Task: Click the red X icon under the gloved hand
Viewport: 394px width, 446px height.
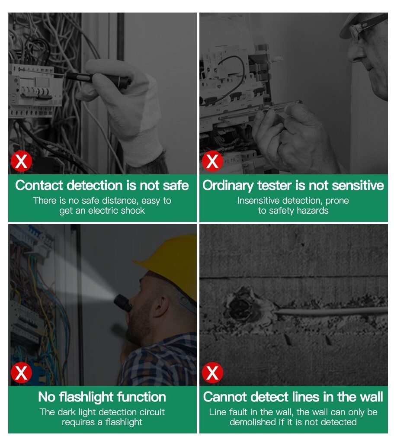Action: click(x=21, y=161)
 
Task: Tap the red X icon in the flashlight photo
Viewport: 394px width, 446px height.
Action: click(x=21, y=372)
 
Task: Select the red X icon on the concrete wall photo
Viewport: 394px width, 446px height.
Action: click(x=212, y=372)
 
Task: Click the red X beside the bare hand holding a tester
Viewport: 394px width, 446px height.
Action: click(x=212, y=161)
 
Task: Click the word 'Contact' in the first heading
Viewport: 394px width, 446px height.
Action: click(x=39, y=185)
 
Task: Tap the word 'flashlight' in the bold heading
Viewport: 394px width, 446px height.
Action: click(x=86, y=397)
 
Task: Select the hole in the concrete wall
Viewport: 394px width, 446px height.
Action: click(x=242, y=306)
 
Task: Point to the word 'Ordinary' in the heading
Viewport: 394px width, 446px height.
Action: click(x=228, y=186)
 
